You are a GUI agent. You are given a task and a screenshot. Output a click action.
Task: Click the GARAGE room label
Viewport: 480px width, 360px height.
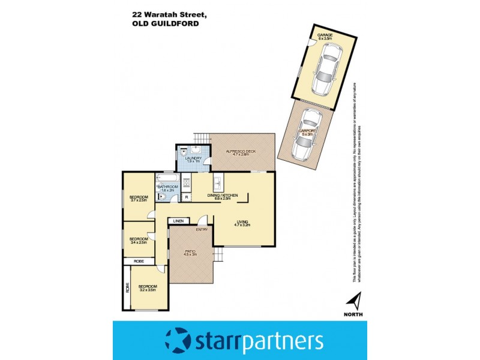[x=325, y=37]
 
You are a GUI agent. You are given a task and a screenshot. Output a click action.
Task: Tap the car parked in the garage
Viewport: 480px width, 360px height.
[x=325, y=68]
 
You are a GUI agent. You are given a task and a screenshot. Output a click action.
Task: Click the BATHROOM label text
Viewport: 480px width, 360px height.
[x=167, y=188]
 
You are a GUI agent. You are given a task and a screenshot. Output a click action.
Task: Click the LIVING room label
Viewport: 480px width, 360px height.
[x=242, y=223]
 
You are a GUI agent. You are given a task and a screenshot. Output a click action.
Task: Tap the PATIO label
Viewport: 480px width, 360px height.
[x=190, y=253]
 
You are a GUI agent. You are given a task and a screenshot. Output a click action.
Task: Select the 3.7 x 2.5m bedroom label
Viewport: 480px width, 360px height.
[x=139, y=199]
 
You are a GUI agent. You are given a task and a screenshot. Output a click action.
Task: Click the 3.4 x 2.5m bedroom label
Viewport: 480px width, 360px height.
[x=139, y=241]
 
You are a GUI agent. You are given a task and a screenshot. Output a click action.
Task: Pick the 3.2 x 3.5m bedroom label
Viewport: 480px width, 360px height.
[x=147, y=289]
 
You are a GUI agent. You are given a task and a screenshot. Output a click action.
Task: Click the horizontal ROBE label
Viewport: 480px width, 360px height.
[x=138, y=262]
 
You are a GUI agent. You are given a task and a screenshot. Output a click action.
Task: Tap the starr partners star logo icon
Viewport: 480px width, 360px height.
[x=178, y=340]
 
